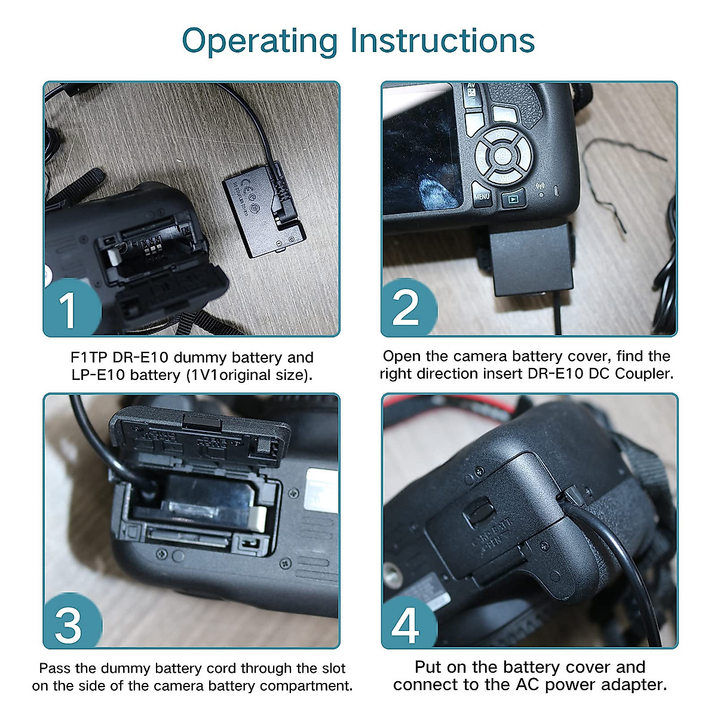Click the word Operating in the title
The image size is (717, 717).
pyautogui.click(x=260, y=42)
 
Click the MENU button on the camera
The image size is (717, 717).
pyautogui.click(x=482, y=195)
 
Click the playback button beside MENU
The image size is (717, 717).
pyautogui.click(x=513, y=199)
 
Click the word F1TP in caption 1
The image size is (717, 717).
pyautogui.click(x=88, y=357)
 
